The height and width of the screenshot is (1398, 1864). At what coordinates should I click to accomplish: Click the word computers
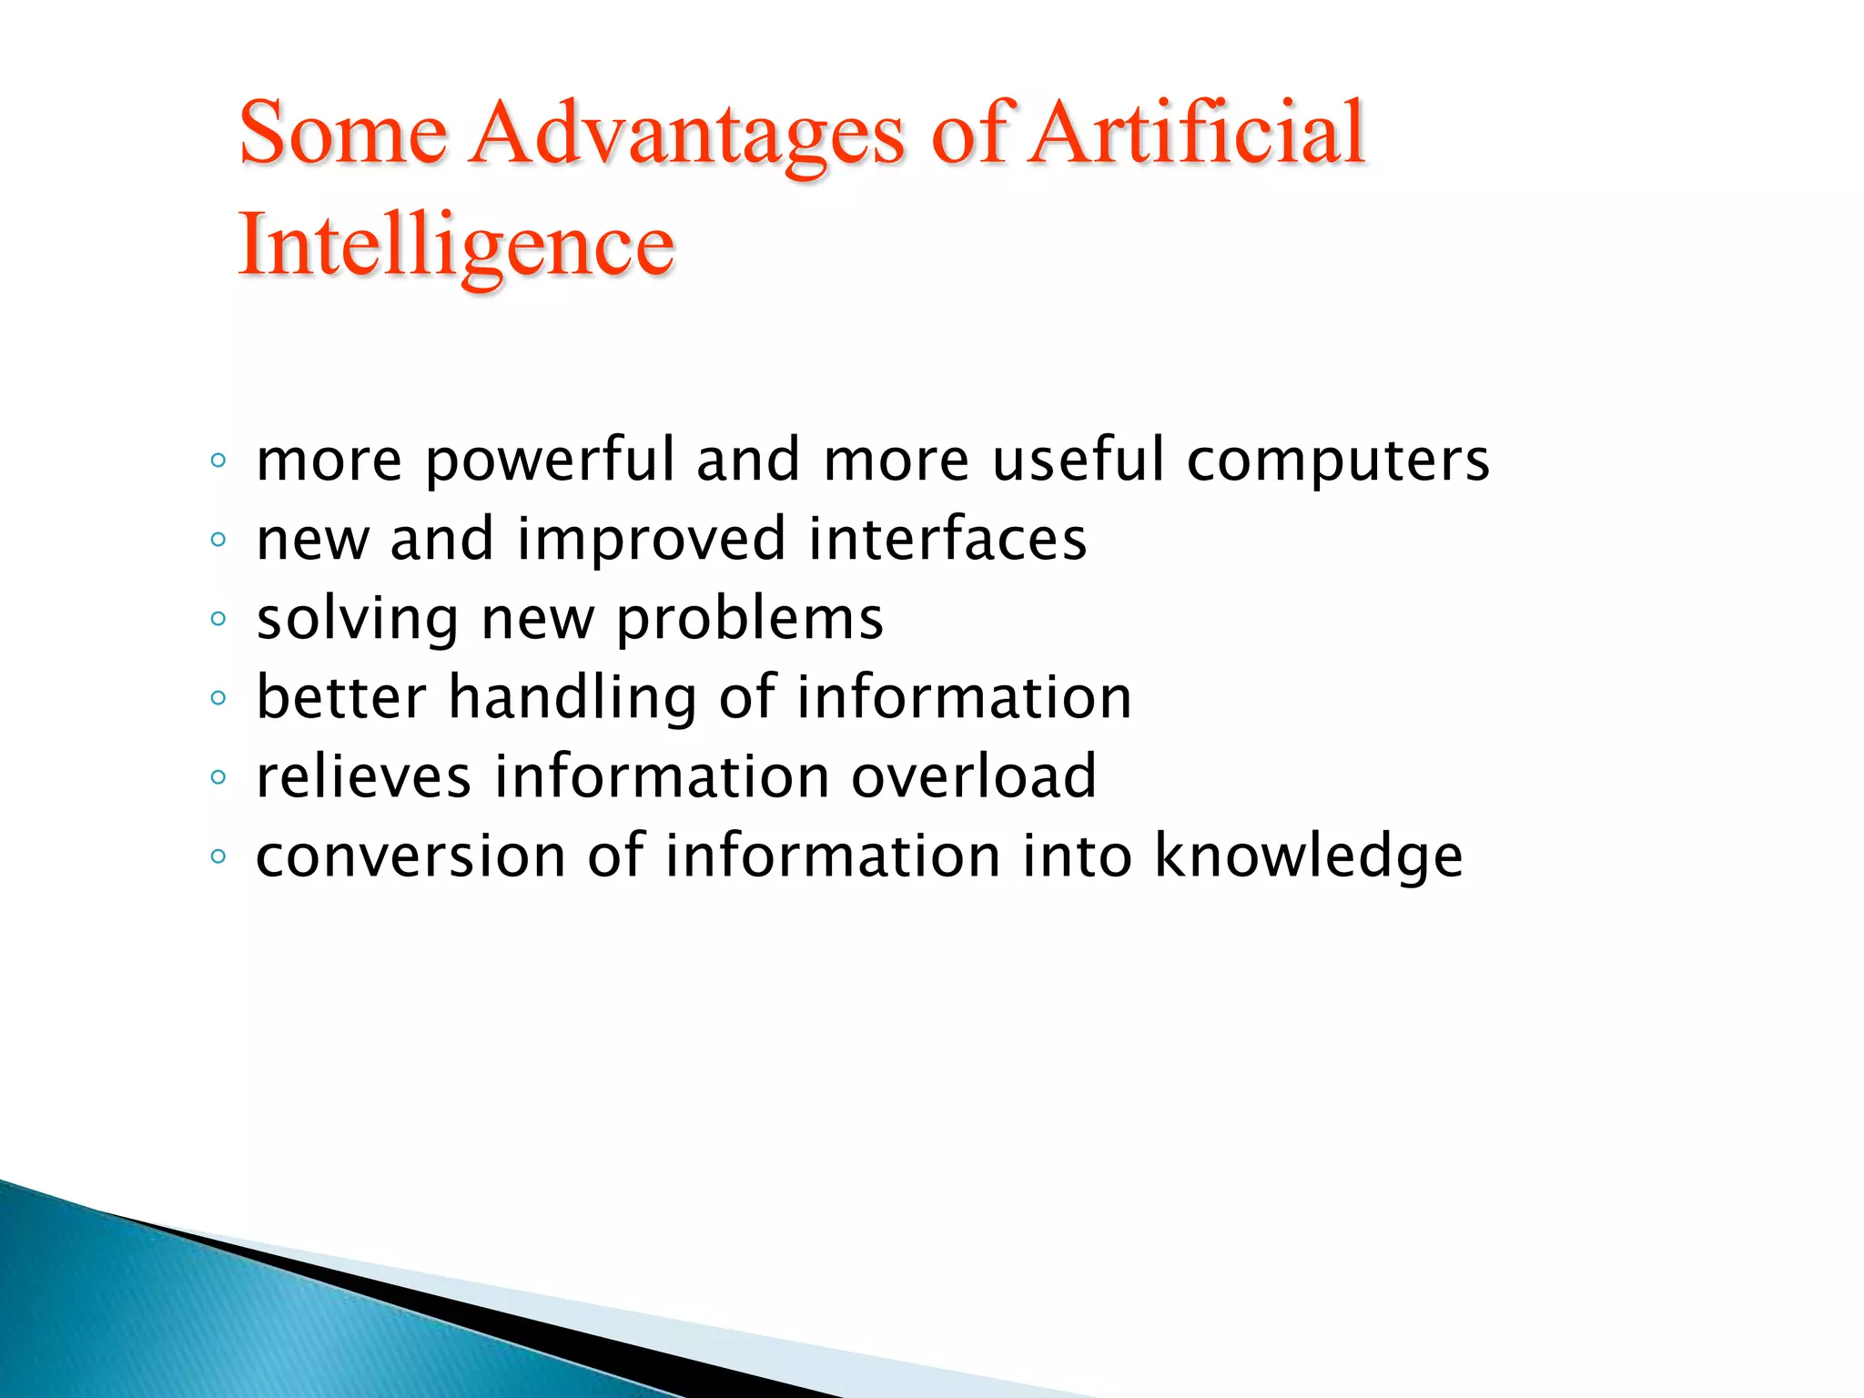click(1338, 461)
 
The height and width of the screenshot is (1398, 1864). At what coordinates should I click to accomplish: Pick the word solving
click(358, 621)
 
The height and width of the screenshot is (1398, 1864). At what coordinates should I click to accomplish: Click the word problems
click(750, 621)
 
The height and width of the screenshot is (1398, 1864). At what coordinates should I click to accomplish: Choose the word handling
click(573, 699)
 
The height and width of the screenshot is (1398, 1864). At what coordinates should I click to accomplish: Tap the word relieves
click(364, 777)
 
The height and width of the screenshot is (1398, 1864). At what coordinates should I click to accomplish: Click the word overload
click(974, 777)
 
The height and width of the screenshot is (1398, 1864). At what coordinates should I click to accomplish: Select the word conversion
click(411, 857)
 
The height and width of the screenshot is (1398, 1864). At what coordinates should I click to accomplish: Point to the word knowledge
click(1309, 857)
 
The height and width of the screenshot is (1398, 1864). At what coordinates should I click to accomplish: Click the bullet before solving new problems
click(218, 620)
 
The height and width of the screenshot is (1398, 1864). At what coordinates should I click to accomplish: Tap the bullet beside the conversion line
click(218, 856)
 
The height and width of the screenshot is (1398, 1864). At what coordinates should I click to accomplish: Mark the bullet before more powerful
click(218, 461)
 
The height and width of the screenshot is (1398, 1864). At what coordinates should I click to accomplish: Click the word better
click(341, 698)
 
